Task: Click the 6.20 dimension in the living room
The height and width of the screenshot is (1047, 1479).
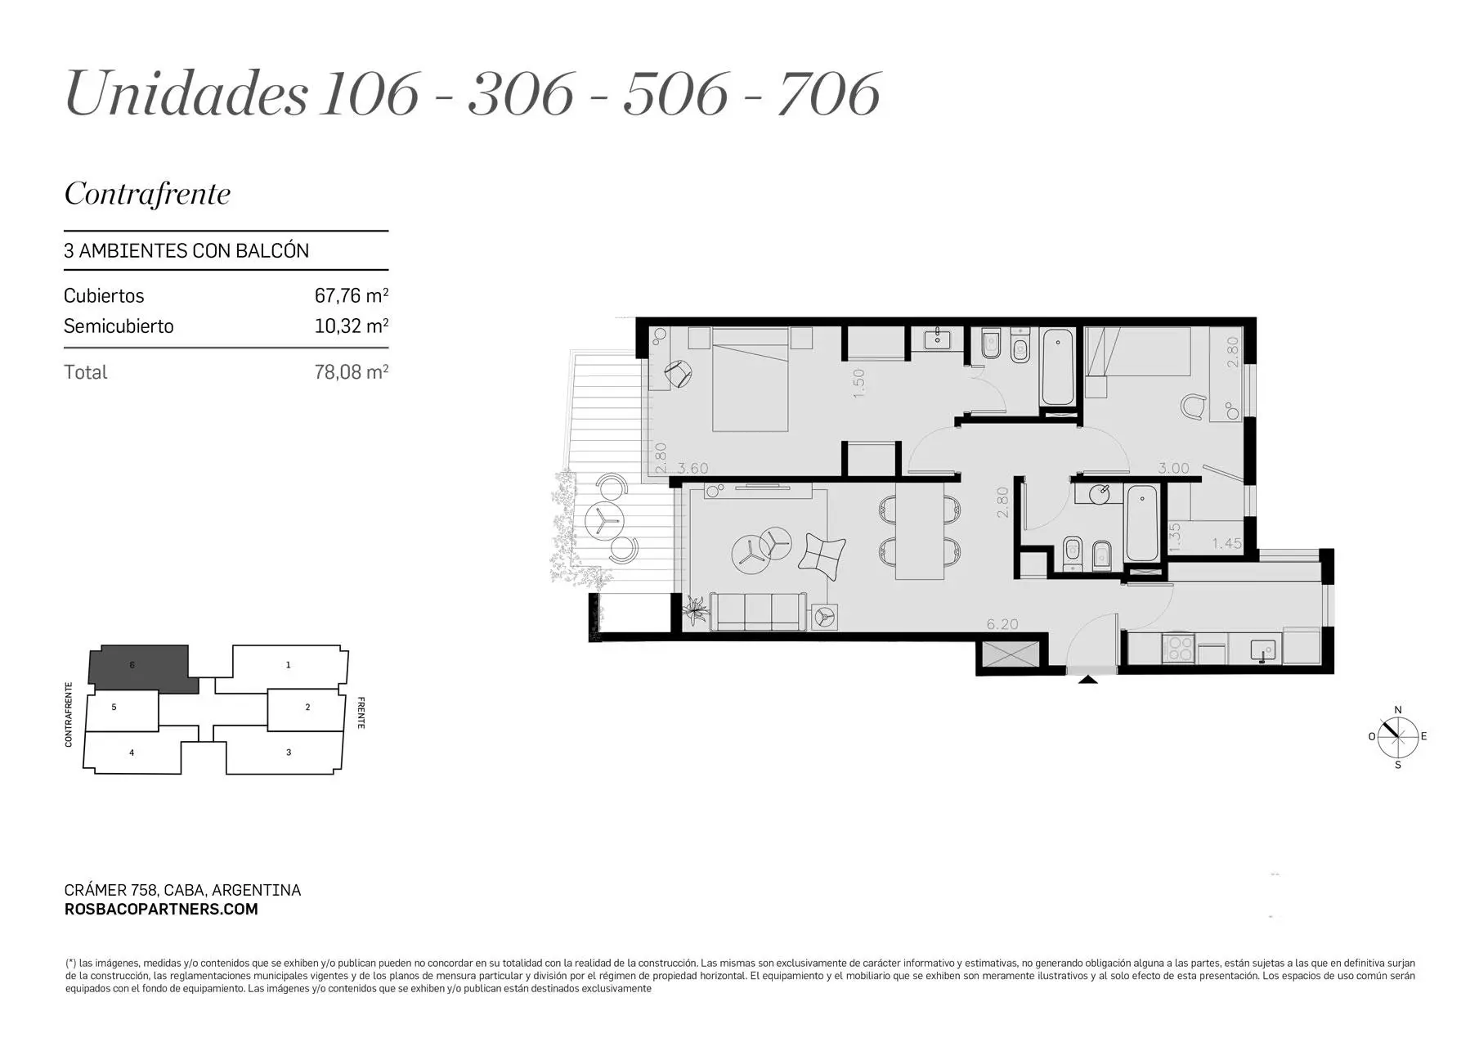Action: coord(1002,624)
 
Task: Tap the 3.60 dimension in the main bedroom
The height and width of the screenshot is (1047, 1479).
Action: coord(692,469)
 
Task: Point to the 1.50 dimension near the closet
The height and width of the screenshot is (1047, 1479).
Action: coord(858,384)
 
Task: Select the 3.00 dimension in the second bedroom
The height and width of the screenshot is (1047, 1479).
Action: coord(1173,469)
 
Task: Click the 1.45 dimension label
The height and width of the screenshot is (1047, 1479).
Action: coord(1226,543)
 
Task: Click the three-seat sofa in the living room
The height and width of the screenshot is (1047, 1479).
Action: coord(758,612)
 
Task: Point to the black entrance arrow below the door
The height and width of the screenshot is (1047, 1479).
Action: coord(1087,678)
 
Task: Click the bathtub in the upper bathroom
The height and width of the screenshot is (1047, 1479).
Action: coord(1058,366)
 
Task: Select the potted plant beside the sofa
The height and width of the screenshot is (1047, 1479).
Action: coord(697,609)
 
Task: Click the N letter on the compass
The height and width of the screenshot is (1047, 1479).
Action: coord(1398,710)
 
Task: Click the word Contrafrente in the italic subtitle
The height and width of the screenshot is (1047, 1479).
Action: coord(147,194)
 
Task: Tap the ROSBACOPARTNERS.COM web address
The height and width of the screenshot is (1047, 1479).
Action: coord(161,909)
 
